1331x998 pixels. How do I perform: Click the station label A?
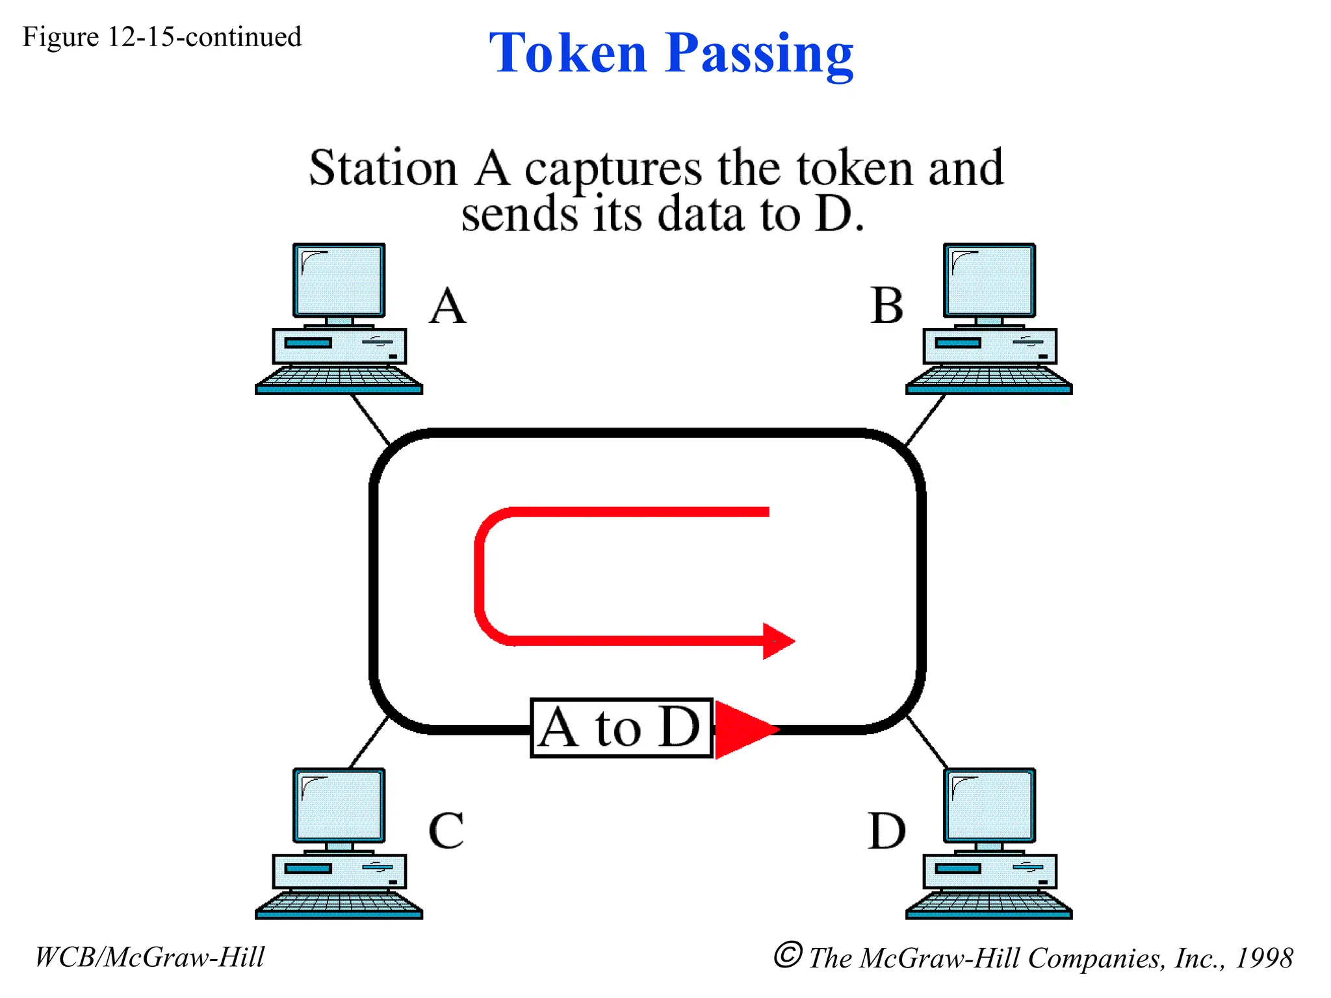pyautogui.click(x=448, y=306)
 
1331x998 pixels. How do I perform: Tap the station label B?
pyautogui.click(x=887, y=306)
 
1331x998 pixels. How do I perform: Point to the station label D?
pyautogui.click(x=887, y=831)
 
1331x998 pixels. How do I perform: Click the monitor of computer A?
pyautogui.click(x=339, y=281)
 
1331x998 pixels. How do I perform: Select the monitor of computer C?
pyautogui.click(x=339, y=806)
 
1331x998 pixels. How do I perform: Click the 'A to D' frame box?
pyautogui.click(x=621, y=728)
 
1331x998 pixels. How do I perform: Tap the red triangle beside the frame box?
pyautogui.click(x=741, y=729)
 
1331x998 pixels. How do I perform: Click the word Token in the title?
pyautogui.click(x=568, y=53)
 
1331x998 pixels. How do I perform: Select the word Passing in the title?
pyautogui.click(x=759, y=55)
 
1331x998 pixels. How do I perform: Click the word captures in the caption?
pyautogui.click(x=613, y=170)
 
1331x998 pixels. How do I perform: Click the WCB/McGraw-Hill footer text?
pyautogui.click(x=149, y=957)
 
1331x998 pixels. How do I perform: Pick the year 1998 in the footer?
pyautogui.click(x=1263, y=958)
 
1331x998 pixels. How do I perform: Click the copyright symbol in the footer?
pyautogui.click(x=788, y=955)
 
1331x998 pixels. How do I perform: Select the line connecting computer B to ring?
pyautogui.click(x=925, y=419)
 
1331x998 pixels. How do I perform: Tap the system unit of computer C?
pyautogui.click(x=339, y=871)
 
